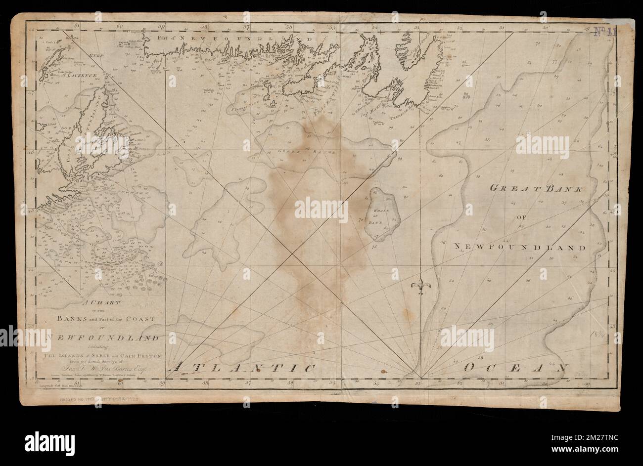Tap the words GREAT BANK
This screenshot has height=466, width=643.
[x=537, y=188]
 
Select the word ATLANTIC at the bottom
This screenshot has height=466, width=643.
[x=242, y=368]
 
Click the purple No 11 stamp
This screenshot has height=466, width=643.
[x=606, y=32]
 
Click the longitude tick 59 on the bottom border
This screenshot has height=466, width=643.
[x=163, y=382]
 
